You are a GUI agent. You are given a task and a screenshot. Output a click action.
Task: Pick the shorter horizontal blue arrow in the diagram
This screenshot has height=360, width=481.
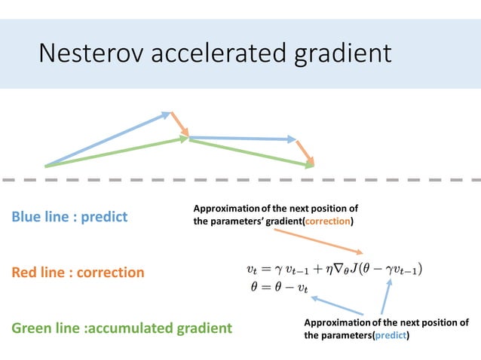[241, 139]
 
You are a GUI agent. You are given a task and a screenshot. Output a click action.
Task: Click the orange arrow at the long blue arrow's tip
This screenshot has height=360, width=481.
[179, 126]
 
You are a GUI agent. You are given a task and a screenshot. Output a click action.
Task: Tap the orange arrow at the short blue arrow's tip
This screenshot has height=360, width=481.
[305, 152]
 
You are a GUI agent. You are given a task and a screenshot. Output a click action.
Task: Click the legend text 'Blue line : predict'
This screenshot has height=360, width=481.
[69, 217]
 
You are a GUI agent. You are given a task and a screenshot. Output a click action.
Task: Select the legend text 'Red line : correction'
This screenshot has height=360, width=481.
[78, 272]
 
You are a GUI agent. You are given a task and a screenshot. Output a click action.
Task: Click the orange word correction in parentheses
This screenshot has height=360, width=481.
[327, 221]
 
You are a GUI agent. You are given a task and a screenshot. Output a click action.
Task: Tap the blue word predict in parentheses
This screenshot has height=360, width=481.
[390, 335]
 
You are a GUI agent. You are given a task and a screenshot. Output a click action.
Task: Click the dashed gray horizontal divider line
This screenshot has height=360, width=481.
[240, 180]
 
